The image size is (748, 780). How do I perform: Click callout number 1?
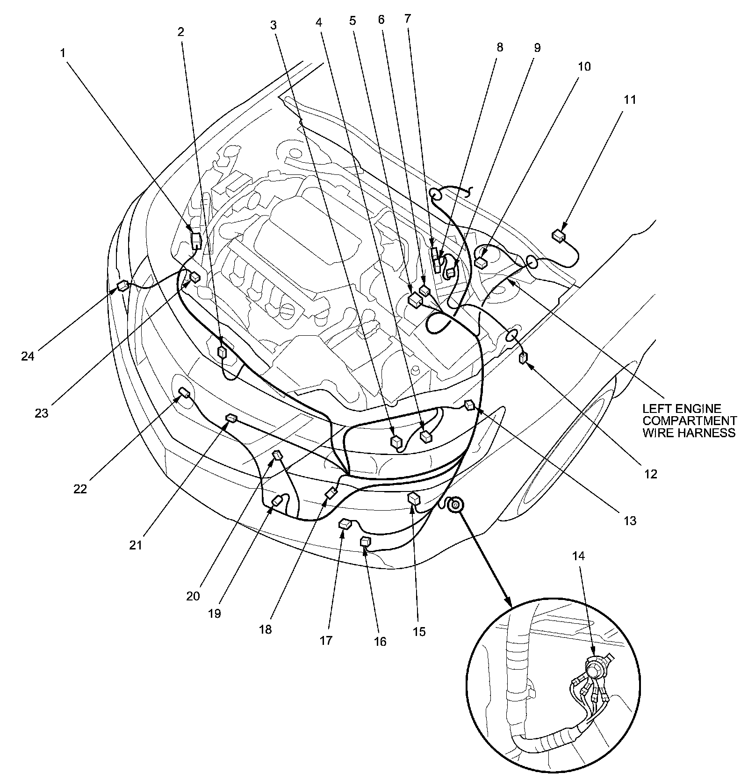pyautogui.click(x=63, y=53)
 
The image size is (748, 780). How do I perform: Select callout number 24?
pyautogui.click(x=28, y=356)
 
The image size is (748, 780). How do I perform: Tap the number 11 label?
pyautogui.click(x=630, y=100)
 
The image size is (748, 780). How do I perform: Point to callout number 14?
pyautogui.click(x=578, y=556)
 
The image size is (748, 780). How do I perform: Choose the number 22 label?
pyautogui.click(x=80, y=489)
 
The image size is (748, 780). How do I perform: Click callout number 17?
pyautogui.click(x=326, y=640)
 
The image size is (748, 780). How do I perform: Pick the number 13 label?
pyautogui.click(x=630, y=520)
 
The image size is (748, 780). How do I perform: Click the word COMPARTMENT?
pyautogui.click(x=690, y=420)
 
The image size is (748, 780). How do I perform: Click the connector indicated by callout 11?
pyautogui.click(x=558, y=235)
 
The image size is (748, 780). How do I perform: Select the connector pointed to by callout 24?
pyautogui.click(x=122, y=286)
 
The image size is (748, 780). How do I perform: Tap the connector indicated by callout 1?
pyautogui.click(x=196, y=239)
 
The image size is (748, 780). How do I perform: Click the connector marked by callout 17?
pyautogui.click(x=345, y=524)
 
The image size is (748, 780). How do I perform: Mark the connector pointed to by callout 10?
pyautogui.click(x=481, y=262)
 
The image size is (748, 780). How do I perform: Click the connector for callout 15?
pyautogui.click(x=414, y=498)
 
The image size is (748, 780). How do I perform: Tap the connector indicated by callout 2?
pyautogui.click(x=223, y=351)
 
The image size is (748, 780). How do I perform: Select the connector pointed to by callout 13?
pyautogui.click(x=469, y=405)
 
